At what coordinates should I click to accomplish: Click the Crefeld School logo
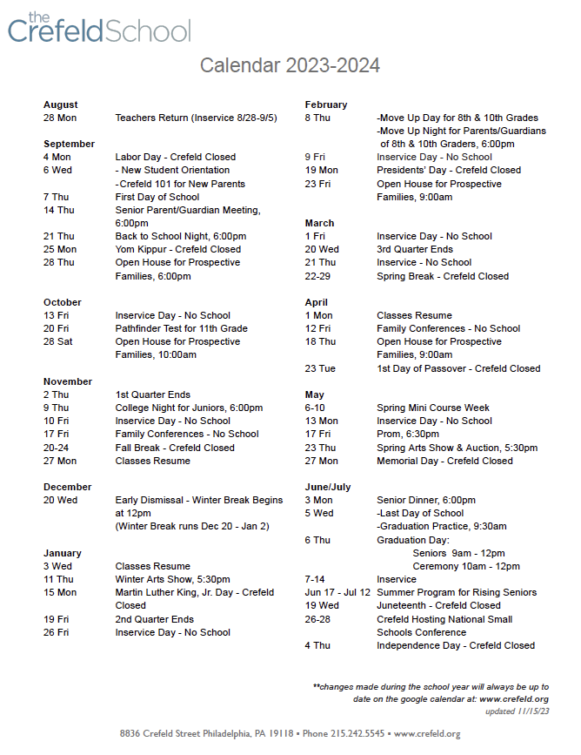[98, 30]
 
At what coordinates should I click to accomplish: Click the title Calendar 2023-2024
[290, 66]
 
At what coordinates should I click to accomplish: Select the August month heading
[61, 104]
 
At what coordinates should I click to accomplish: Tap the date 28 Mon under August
[60, 118]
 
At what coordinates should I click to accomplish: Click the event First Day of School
[157, 197]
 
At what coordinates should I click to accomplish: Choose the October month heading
[63, 302]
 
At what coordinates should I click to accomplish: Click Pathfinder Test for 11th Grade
[181, 328]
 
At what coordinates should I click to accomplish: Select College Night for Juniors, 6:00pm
[189, 408]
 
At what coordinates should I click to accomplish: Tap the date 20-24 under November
[57, 448]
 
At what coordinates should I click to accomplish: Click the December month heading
[68, 487]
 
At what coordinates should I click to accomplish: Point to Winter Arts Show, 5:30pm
[172, 579]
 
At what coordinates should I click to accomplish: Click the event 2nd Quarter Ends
[154, 619]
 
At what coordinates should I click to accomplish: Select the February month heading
[326, 104]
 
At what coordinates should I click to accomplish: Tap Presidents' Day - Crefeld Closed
[449, 171]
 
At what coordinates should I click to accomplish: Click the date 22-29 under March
[318, 276]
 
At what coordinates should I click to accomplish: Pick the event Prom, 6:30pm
[408, 435]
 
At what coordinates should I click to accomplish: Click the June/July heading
[328, 487]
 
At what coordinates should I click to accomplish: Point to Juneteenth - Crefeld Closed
[438, 605]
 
